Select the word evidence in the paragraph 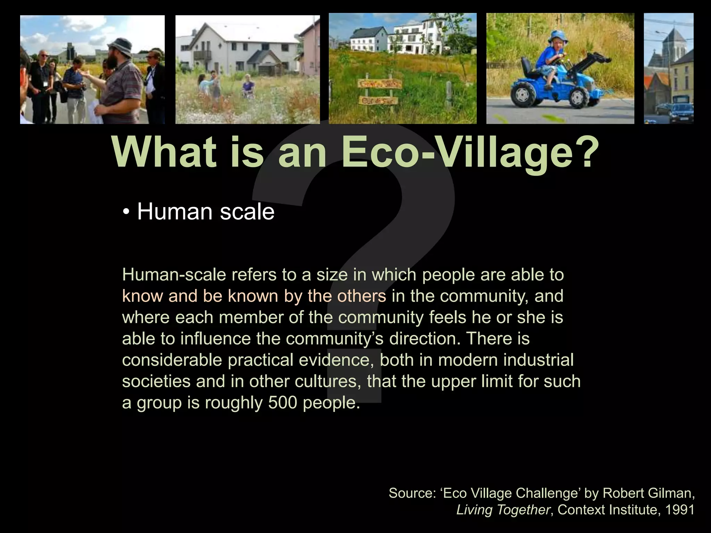(334, 360)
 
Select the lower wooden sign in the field (379, 101)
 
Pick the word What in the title (163, 153)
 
